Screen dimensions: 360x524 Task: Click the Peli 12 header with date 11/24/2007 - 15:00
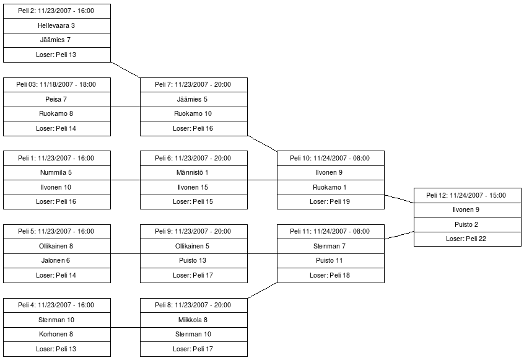pos(467,195)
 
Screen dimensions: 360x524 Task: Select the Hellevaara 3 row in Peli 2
pos(57,25)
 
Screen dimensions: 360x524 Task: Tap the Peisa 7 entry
pos(57,99)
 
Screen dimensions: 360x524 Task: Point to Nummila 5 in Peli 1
pos(57,172)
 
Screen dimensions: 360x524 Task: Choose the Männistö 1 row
pos(193,172)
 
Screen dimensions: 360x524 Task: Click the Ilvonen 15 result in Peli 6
pos(193,187)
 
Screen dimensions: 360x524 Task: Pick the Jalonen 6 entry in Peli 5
pos(57,261)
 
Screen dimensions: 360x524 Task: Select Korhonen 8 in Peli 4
pos(57,335)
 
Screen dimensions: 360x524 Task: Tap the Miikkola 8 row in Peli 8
pos(193,320)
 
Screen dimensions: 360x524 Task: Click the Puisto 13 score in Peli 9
pos(193,261)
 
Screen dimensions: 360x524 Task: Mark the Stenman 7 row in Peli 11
pos(330,246)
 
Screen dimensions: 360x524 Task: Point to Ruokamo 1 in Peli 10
pos(330,187)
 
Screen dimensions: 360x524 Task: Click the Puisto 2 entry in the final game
pos(467,224)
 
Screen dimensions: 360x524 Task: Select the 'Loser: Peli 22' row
pos(467,239)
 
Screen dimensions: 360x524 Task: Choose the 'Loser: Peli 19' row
pos(330,202)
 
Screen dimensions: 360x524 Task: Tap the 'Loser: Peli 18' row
pos(330,275)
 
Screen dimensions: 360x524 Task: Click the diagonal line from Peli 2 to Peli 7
pos(126,69)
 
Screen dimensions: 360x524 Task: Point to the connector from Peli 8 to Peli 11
pos(262,291)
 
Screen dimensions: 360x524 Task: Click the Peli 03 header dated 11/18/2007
pos(57,84)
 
